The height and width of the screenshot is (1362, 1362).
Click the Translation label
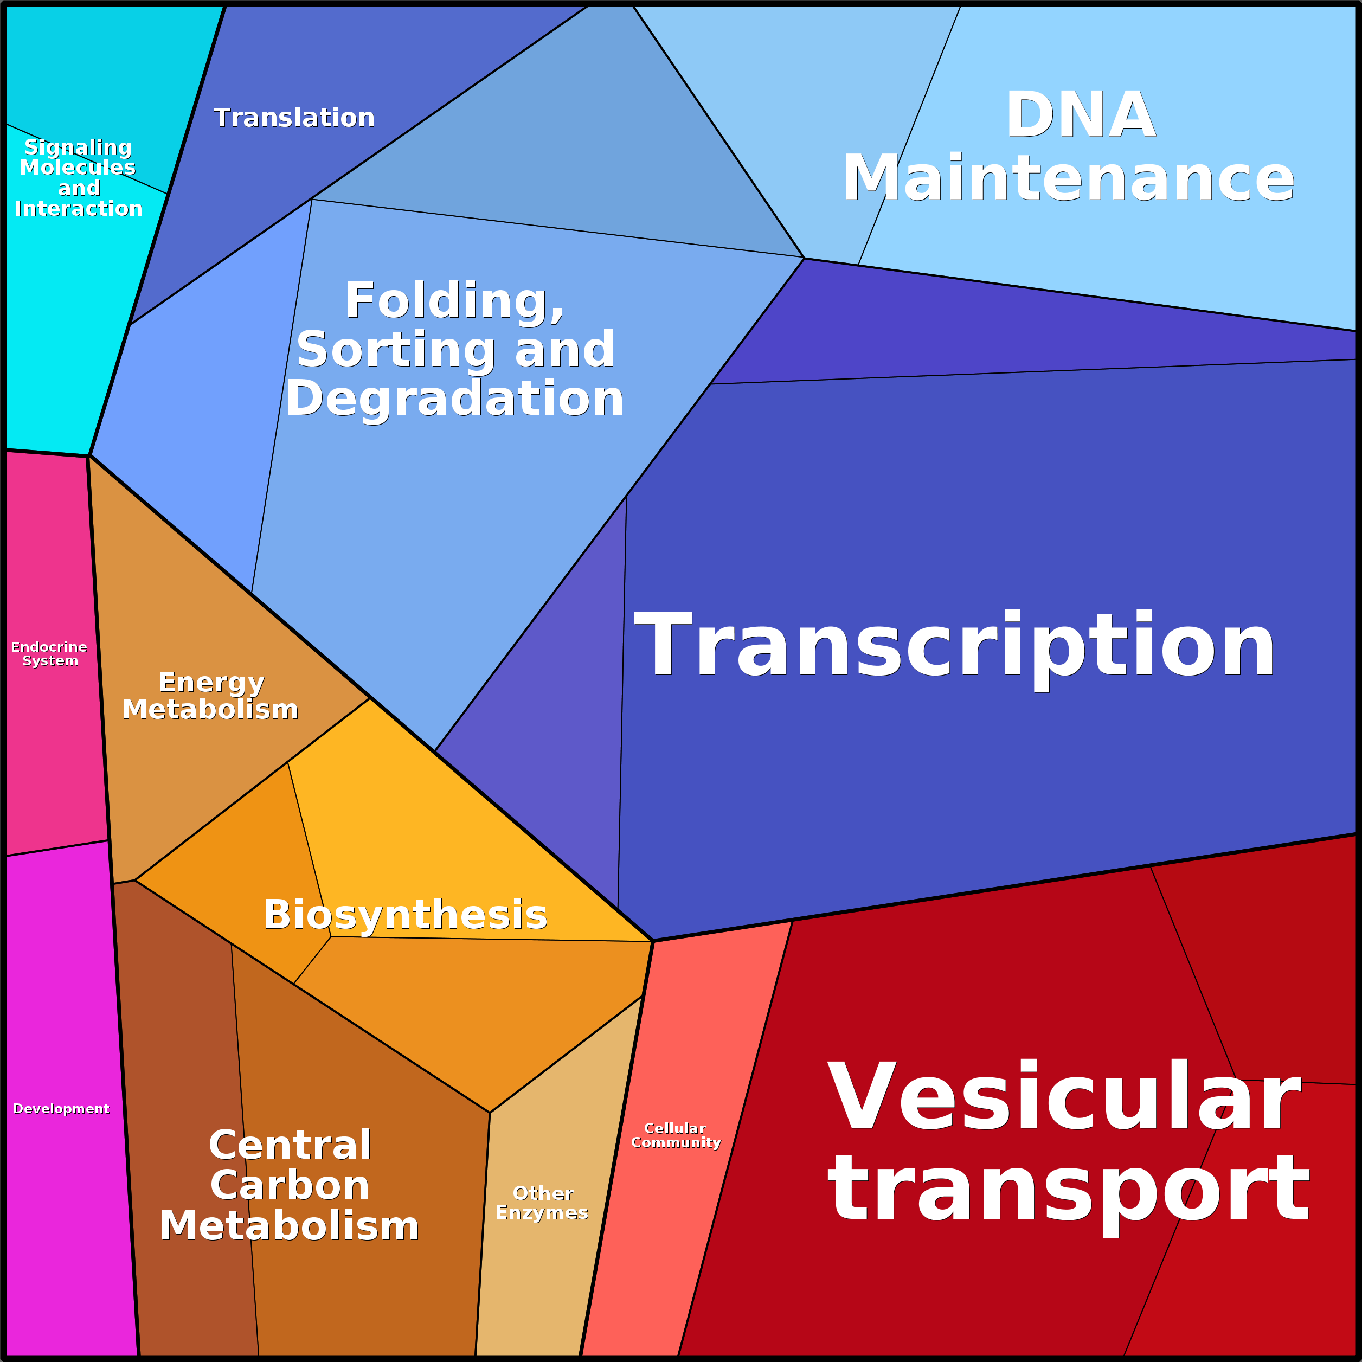click(x=294, y=118)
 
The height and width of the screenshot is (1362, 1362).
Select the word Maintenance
click(x=1069, y=178)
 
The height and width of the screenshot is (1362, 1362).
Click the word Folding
click(x=455, y=301)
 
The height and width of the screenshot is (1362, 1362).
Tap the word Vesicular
click(x=1064, y=1097)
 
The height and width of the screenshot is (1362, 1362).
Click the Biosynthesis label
click(x=406, y=915)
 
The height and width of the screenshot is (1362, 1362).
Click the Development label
click(x=61, y=1109)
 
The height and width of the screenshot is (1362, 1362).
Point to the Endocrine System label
click(x=49, y=653)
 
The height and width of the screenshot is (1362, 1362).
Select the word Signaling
click(x=78, y=148)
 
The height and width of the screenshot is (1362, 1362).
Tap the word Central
click(x=290, y=1145)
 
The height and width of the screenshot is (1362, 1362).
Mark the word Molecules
click(x=78, y=168)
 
